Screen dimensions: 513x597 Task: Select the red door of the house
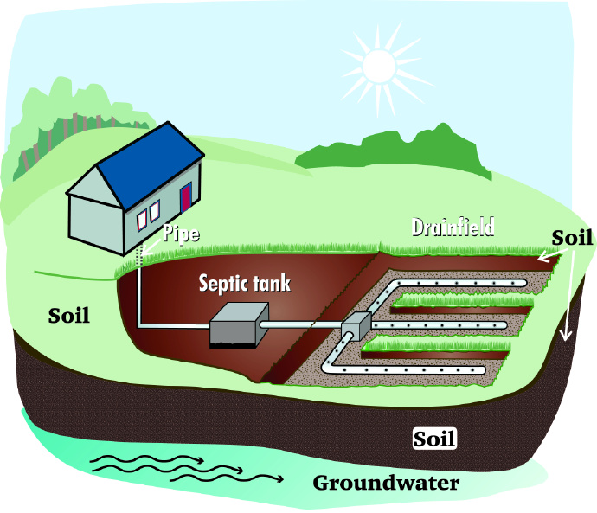(x=185, y=196)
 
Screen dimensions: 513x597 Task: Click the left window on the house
(x=142, y=217)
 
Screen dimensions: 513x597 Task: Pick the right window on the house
(x=155, y=210)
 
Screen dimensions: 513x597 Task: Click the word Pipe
(x=182, y=234)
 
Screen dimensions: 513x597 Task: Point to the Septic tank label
(x=245, y=283)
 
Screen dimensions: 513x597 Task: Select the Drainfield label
(x=453, y=228)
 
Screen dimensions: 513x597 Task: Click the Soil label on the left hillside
(x=70, y=314)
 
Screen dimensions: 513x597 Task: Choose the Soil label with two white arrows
(x=572, y=237)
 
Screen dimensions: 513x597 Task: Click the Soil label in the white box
(x=434, y=439)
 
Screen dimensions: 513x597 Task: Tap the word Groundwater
(x=386, y=483)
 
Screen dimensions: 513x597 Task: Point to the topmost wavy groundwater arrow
(x=148, y=460)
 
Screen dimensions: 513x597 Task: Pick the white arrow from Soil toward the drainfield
(x=550, y=253)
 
